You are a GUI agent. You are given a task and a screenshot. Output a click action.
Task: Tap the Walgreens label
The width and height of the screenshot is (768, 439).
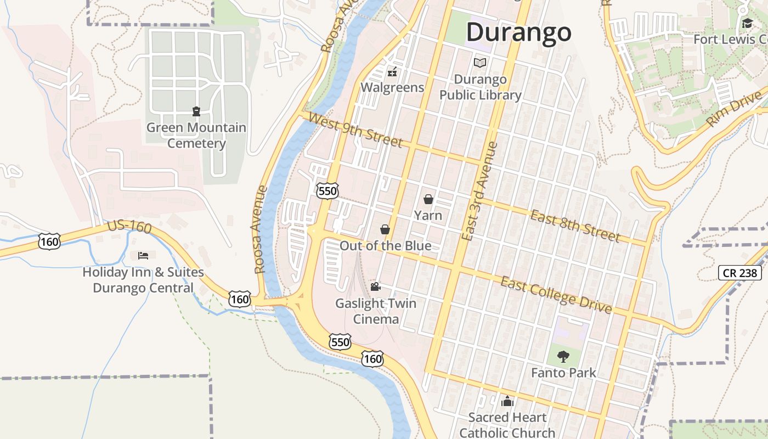coord(392,88)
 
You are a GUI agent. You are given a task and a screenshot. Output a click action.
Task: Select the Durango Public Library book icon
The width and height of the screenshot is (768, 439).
coord(480,63)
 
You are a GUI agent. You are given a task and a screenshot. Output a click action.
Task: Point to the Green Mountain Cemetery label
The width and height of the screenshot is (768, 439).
coord(196,136)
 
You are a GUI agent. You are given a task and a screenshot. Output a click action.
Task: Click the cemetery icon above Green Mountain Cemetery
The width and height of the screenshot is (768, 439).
coord(196,111)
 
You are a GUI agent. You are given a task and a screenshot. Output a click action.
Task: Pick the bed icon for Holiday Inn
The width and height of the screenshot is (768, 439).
coord(143,256)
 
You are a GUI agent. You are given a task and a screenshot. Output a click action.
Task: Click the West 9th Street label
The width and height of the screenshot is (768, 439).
coord(355,130)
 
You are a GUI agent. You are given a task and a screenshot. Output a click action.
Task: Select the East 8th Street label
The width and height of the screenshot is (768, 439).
coord(575,226)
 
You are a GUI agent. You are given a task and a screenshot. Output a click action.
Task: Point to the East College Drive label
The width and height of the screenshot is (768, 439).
coord(556,296)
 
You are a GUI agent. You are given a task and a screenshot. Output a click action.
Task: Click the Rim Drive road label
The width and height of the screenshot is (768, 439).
coord(735,109)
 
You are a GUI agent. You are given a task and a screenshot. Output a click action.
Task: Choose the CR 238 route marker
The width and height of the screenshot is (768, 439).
coord(740,272)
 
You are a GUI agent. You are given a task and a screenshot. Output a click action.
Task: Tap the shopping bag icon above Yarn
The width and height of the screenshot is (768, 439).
coord(428,199)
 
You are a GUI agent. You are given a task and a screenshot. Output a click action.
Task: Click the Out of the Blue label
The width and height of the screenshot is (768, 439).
coord(385,245)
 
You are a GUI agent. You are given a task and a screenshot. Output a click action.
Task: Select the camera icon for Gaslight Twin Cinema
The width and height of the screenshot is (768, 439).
coord(375,286)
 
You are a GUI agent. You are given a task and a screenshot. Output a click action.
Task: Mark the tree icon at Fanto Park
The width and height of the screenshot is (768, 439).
coord(563,357)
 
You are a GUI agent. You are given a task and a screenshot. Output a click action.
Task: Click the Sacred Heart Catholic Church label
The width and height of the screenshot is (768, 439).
coord(507,425)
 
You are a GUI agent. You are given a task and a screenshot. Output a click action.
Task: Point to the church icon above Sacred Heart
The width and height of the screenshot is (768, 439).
coord(507,401)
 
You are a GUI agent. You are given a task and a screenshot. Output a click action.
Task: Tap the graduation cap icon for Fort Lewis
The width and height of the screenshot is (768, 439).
coord(747,23)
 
